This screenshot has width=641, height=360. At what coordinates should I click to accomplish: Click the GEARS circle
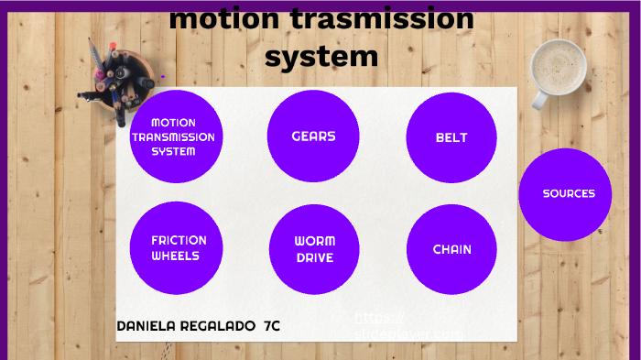point(313,136)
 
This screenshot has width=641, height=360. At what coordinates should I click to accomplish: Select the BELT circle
point(451,137)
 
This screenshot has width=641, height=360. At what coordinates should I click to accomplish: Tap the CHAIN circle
point(451,249)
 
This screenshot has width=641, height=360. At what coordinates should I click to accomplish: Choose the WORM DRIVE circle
point(314,249)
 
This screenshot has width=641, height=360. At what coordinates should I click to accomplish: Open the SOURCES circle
point(565,194)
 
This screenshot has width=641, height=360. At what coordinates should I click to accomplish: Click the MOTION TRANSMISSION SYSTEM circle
point(174,136)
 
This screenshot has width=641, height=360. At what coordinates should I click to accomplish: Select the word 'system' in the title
point(321,57)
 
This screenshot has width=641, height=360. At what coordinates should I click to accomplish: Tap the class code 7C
point(271,326)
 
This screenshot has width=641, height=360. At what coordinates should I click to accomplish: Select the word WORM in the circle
point(314,241)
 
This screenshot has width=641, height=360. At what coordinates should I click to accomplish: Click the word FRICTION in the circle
point(179,240)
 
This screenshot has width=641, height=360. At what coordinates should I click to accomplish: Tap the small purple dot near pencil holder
point(162,77)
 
